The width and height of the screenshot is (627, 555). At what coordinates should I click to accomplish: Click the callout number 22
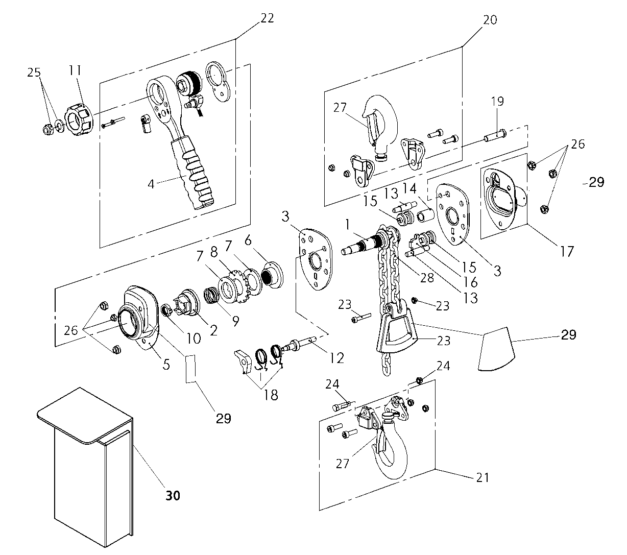267,18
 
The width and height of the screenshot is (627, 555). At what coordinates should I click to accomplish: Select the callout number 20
490,20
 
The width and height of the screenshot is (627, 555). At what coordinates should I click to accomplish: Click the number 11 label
75,71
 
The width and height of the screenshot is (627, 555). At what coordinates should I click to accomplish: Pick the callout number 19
497,101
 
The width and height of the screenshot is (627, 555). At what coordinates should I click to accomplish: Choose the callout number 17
566,251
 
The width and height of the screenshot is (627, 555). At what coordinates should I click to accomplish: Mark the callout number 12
336,357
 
